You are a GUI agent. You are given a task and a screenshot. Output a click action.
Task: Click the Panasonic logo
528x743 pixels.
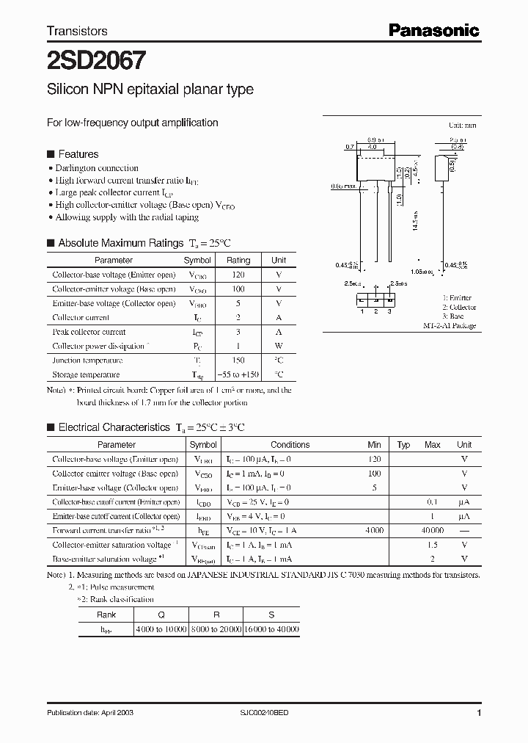click(x=433, y=29)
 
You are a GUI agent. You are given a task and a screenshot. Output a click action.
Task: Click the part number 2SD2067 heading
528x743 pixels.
click(x=85, y=59)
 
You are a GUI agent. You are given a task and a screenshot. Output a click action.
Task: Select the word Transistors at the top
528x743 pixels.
click(x=77, y=31)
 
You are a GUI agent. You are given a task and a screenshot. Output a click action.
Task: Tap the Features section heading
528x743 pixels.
click(x=78, y=154)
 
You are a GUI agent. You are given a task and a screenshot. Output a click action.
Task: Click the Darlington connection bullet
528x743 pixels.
click(x=96, y=168)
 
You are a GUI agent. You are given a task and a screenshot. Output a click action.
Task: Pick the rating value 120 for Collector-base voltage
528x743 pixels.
click(x=238, y=275)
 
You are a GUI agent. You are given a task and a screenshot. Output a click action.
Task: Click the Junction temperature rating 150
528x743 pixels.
click(x=238, y=360)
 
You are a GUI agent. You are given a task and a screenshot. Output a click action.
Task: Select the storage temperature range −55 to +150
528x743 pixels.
click(x=238, y=374)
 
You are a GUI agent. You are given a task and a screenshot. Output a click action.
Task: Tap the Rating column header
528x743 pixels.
click(x=238, y=260)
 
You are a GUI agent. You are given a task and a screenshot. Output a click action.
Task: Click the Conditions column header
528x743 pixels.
click(x=290, y=444)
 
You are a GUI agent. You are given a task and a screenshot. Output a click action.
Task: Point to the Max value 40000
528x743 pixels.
click(x=432, y=530)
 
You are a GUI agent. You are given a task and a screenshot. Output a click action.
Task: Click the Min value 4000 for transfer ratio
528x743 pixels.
click(x=374, y=530)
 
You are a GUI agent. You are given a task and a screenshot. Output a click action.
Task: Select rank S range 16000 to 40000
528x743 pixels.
click(x=271, y=629)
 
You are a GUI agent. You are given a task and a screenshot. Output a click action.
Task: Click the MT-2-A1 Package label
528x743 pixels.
click(x=450, y=325)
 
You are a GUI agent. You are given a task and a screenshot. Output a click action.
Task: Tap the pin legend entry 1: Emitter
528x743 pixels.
click(x=456, y=297)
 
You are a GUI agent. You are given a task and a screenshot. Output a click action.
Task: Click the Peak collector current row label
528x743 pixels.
click(x=89, y=332)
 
